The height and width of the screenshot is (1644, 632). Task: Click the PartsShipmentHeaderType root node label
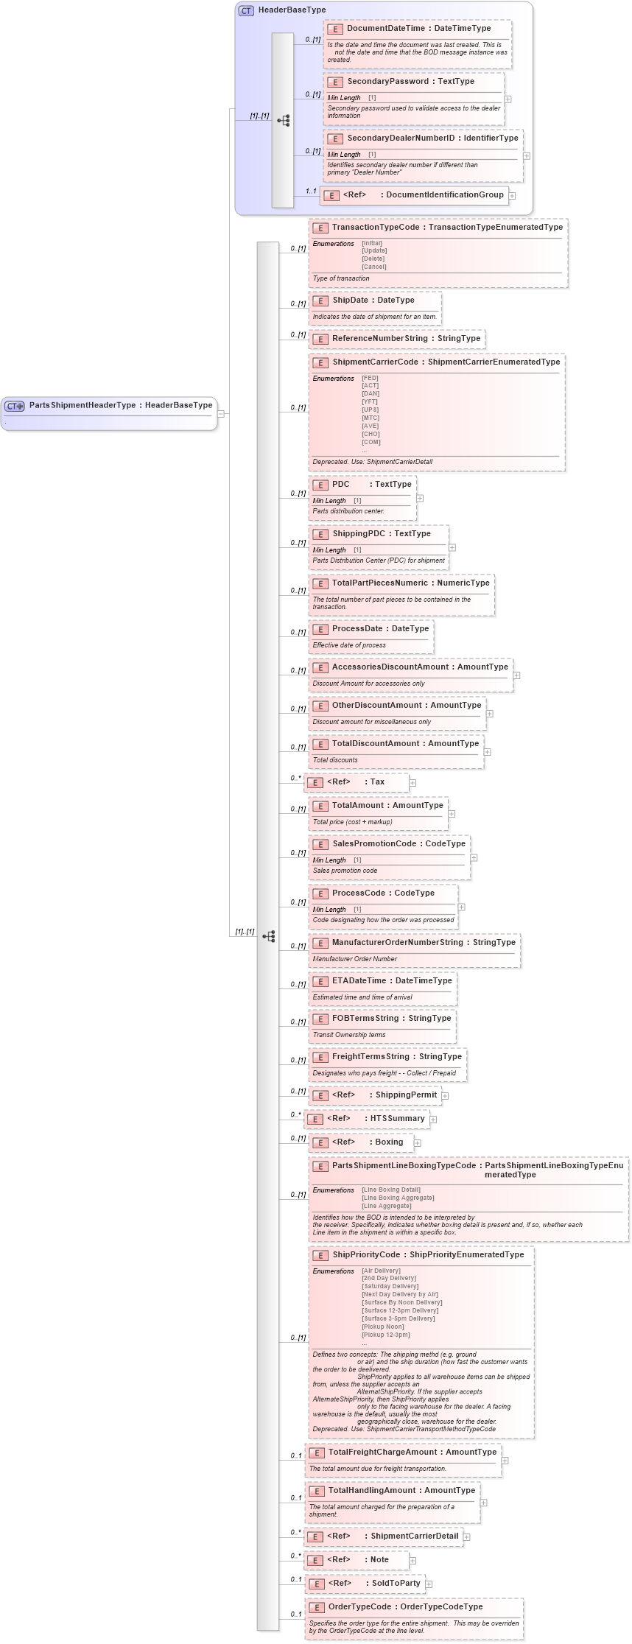82,405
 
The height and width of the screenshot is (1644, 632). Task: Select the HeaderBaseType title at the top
292,10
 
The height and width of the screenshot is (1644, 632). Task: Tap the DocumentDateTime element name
386,29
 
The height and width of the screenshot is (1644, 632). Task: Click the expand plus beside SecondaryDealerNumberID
527,156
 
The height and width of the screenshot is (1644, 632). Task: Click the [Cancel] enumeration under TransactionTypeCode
373,267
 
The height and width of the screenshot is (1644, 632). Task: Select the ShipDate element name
351,301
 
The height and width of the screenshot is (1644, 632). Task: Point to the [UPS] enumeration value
370,410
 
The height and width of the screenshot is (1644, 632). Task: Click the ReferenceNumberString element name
379,339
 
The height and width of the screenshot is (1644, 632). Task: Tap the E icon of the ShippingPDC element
320,534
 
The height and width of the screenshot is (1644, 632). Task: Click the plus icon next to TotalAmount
452,814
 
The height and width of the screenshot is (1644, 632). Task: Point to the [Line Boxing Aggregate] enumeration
398,1198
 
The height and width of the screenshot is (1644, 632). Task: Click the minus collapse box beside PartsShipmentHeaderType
220,414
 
